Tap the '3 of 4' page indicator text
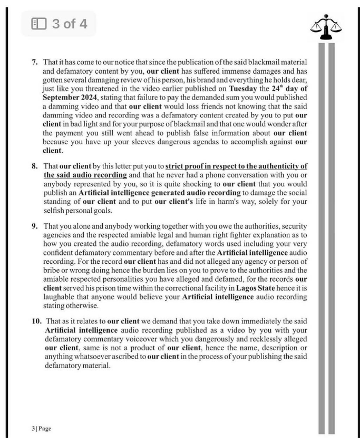point(70,24)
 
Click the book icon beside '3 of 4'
point(39,24)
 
